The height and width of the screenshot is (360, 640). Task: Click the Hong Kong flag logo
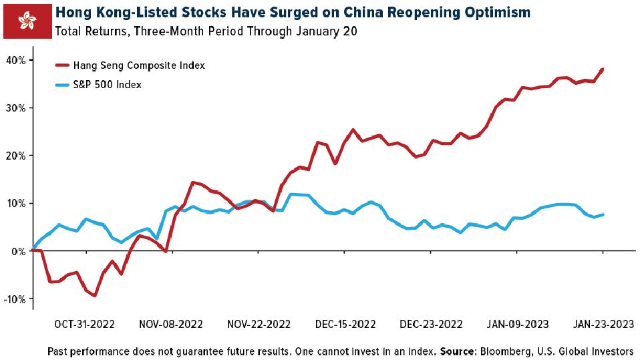tap(28, 21)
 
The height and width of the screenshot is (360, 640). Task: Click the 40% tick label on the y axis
tap(16, 60)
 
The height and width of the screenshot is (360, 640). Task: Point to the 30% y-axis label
tap(16, 108)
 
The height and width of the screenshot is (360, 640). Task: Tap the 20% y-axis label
tap(16, 156)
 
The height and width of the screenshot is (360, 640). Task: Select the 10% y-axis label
tap(16, 204)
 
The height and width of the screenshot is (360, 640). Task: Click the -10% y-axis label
tap(14, 299)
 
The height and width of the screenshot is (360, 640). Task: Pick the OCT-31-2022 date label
tap(84, 325)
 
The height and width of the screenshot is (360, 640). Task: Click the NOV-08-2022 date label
tap(171, 325)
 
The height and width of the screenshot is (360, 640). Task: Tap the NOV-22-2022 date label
tap(259, 325)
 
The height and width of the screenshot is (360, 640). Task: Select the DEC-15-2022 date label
tap(345, 325)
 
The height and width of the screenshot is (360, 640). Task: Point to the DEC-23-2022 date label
tap(431, 325)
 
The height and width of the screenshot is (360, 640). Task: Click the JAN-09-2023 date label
tap(518, 325)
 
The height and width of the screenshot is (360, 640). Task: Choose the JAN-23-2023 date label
tap(604, 325)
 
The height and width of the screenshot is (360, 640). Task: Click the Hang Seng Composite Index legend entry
tap(130, 65)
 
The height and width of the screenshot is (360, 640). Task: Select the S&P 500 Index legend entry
tap(98, 84)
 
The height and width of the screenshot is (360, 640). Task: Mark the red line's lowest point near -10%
tap(95, 295)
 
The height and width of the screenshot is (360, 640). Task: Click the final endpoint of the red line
tap(603, 69)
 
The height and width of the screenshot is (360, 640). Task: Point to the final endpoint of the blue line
tap(603, 214)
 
